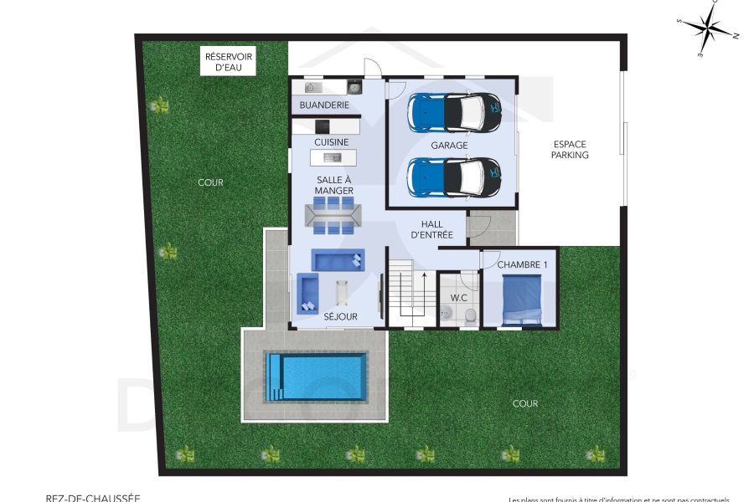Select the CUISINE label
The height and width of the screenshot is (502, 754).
(331, 142)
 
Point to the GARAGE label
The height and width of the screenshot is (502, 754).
(449, 146)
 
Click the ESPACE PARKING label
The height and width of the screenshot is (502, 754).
(570, 150)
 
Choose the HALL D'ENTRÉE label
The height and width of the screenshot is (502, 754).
(431, 229)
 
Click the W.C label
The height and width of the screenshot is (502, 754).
(458, 297)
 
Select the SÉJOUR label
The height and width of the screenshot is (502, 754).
(341, 317)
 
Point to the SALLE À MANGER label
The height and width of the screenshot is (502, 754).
(333, 186)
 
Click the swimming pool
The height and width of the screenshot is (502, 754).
(316, 376)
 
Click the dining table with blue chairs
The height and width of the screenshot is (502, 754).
(333, 217)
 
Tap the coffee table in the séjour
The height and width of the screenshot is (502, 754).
(342, 292)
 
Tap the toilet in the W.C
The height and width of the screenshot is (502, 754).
(471, 314)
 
